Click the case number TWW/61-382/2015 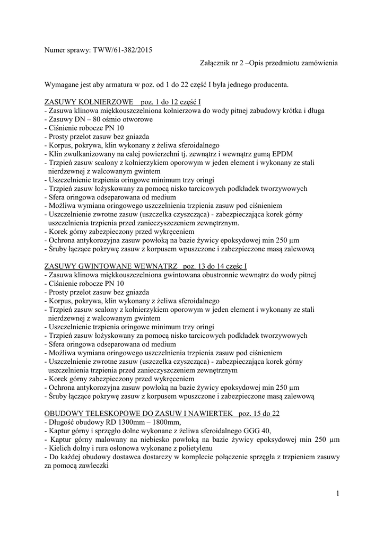128,50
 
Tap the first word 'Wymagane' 63,84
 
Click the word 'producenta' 270,84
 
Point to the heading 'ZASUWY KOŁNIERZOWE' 86,101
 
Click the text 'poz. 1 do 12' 159,101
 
